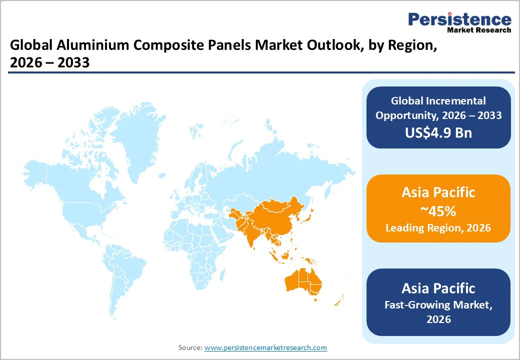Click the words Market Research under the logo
[x=479, y=30]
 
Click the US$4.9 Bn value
[x=438, y=132]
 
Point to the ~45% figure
[x=438, y=211]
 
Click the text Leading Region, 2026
[x=438, y=228]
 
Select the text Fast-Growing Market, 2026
[x=438, y=311]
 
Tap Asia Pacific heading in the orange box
[x=438, y=192]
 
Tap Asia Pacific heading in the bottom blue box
[x=438, y=288]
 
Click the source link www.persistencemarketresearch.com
[x=265, y=347]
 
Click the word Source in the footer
[x=190, y=347]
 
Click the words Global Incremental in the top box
[x=438, y=101]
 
